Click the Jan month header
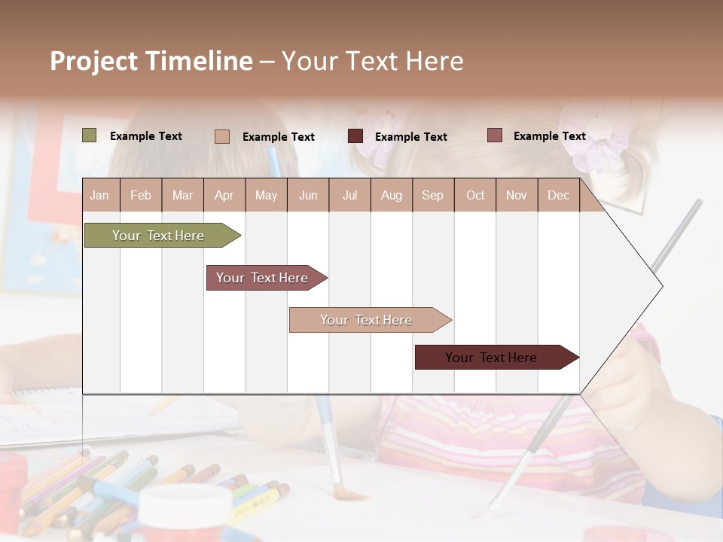click(x=99, y=195)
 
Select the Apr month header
click(x=224, y=195)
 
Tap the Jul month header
click(x=349, y=195)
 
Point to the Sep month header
click(x=432, y=195)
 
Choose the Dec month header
click(x=558, y=195)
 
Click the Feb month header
click(x=141, y=195)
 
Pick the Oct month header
click(x=475, y=195)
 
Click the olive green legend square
click(x=90, y=135)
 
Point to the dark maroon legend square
click(x=355, y=135)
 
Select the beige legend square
click(x=222, y=136)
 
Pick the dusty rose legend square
click(x=495, y=135)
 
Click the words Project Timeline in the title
click(x=151, y=61)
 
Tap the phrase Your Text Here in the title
click(x=372, y=61)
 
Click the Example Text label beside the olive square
click(x=146, y=136)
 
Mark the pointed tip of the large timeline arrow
click(x=661, y=286)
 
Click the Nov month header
click(x=517, y=195)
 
